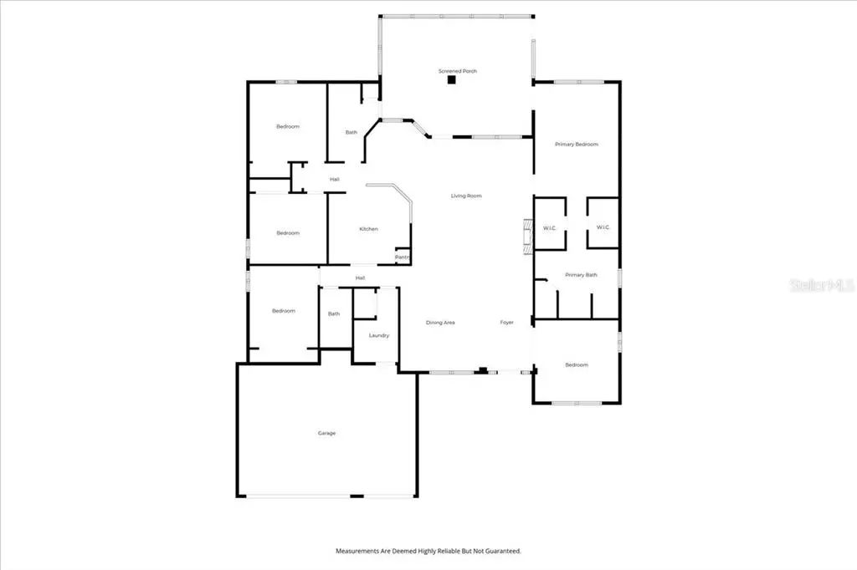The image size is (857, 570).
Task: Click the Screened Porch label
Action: click(x=458, y=71)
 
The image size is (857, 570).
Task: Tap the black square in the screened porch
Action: click(x=451, y=79)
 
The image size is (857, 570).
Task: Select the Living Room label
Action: click(x=466, y=196)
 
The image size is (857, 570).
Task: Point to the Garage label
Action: click(x=327, y=433)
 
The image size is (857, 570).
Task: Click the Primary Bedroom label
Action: click(x=577, y=144)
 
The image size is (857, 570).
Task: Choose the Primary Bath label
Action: click(x=581, y=275)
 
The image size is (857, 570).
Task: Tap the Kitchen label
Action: click(x=369, y=229)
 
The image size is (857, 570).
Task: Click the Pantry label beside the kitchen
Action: click(x=403, y=257)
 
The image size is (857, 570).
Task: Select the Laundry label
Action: click(x=379, y=335)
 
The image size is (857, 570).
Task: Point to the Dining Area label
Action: click(x=440, y=323)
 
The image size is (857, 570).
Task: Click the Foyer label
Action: click(x=506, y=323)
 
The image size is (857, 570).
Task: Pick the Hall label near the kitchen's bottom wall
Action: click(x=360, y=278)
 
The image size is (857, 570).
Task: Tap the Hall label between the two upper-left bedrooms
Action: click(x=335, y=179)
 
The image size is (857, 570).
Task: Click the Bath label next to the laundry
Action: click(x=334, y=313)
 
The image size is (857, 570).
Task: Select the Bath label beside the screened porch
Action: click(x=352, y=132)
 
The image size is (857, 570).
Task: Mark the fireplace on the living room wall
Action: click(x=528, y=237)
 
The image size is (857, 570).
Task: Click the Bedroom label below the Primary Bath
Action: click(x=577, y=364)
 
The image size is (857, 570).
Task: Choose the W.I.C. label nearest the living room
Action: click(x=550, y=227)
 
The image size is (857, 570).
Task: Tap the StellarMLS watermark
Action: click(x=822, y=285)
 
